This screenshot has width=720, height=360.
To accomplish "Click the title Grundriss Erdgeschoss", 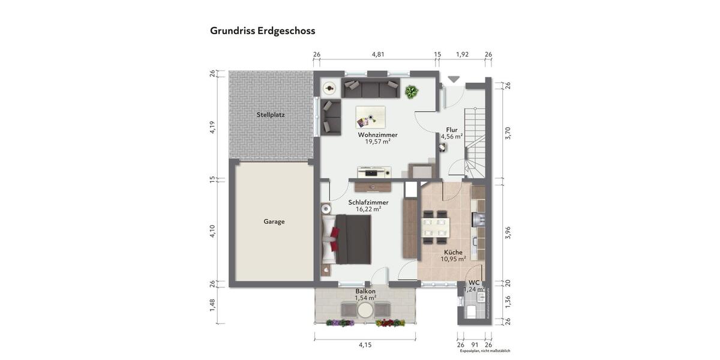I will (x=262, y=31).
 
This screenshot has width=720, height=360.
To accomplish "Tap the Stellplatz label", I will (x=271, y=114).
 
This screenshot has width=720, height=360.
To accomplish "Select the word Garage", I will (x=274, y=221).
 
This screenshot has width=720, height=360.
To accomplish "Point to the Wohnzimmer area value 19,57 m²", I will (x=378, y=142).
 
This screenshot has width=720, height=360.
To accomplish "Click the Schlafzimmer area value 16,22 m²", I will (x=368, y=209).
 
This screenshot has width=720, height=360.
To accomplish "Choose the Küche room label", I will (x=453, y=253).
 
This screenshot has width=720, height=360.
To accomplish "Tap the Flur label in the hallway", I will (x=452, y=130).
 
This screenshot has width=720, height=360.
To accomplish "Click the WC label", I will (x=474, y=282).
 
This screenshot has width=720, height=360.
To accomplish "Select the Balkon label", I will (x=365, y=291).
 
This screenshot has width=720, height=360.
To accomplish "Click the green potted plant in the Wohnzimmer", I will (x=412, y=92).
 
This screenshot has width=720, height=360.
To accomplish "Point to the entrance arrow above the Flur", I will (x=454, y=79).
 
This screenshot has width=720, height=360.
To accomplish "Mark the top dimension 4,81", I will (x=378, y=54).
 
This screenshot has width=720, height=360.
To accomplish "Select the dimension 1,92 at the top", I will (x=462, y=54).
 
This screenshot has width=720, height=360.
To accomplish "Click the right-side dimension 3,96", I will (x=508, y=232).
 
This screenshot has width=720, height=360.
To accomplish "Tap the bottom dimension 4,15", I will (x=365, y=345).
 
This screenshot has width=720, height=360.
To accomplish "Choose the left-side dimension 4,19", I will (x=212, y=127).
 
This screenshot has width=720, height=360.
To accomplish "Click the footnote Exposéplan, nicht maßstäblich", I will (x=485, y=351).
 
